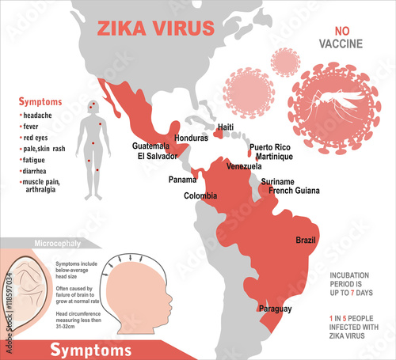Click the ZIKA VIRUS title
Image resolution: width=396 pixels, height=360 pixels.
(x=155, y=28)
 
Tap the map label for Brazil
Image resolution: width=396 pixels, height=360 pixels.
(x=306, y=240)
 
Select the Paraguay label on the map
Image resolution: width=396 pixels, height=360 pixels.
(x=276, y=309)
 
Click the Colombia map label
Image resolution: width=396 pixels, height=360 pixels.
(x=200, y=195)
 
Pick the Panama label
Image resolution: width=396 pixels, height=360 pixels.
(x=184, y=179)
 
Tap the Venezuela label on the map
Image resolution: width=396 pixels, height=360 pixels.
(x=244, y=166)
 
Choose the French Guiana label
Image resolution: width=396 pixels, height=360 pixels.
(x=295, y=191)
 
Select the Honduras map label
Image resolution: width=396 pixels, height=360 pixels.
(x=189, y=138)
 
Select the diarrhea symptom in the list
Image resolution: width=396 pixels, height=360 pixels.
(x=39, y=171)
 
